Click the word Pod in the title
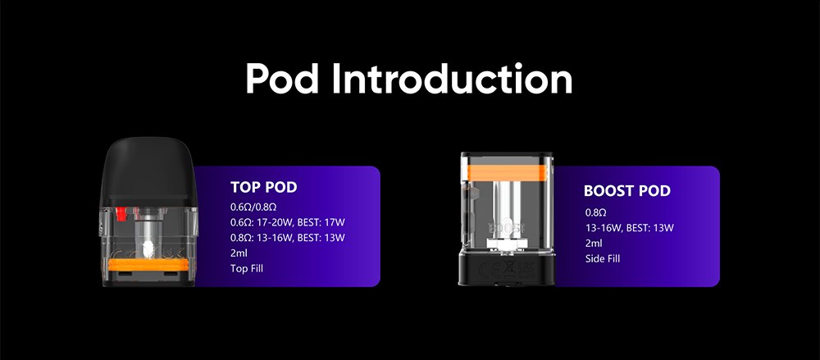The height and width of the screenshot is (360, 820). (x=282, y=79)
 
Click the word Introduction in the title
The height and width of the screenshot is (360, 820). (x=453, y=79)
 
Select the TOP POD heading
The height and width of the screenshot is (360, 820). (x=263, y=187)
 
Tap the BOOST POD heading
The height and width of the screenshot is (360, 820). (x=627, y=191)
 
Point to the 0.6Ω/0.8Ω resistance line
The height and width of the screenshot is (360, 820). (x=253, y=207)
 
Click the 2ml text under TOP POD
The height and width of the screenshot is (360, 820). (x=239, y=253)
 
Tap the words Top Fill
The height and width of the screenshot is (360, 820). (x=247, y=268)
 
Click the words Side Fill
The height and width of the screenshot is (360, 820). (x=603, y=258)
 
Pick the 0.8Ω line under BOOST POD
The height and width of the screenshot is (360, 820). (x=595, y=212)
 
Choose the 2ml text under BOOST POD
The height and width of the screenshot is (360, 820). (x=594, y=244)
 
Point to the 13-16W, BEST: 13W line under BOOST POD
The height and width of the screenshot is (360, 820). (x=630, y=228)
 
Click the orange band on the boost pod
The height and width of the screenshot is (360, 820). (x=506, y=172)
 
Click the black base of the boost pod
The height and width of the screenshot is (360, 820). (x=506, y=267)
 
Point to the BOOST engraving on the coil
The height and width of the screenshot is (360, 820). (x=506, y=228)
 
